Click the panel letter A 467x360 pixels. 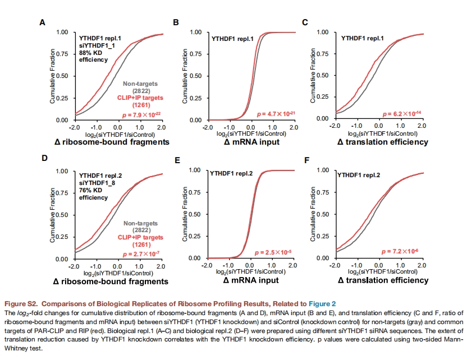tap(43, 22)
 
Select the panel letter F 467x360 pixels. tap(307, 161)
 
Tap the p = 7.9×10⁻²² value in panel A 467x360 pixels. tap(141, 115)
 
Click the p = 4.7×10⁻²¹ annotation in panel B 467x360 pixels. tap(276, 114)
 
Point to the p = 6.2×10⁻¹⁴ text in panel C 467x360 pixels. tap(402, 114)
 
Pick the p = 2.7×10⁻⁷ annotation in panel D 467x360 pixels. tap(141, 254)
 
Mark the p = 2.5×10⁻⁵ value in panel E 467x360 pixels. tap(273, 252)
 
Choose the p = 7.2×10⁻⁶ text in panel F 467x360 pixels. tap(400, 251)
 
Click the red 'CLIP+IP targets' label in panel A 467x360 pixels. tap(140, 98)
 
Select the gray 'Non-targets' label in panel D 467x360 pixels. tap(140, 223)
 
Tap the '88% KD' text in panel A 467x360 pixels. tap(90, 53)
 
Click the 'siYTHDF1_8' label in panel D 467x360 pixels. tap(97, 183)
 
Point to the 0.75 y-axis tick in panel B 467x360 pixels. tap(196, 54)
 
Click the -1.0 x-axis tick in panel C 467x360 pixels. tap(356, 126)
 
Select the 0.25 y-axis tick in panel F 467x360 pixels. tap(323, 236)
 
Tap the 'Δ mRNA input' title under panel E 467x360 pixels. tap(251, 280)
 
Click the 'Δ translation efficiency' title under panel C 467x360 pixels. tap(383, 142)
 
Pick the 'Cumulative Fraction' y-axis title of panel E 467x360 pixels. tap(185, 214)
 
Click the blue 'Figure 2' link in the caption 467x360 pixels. tap(322, 304)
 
